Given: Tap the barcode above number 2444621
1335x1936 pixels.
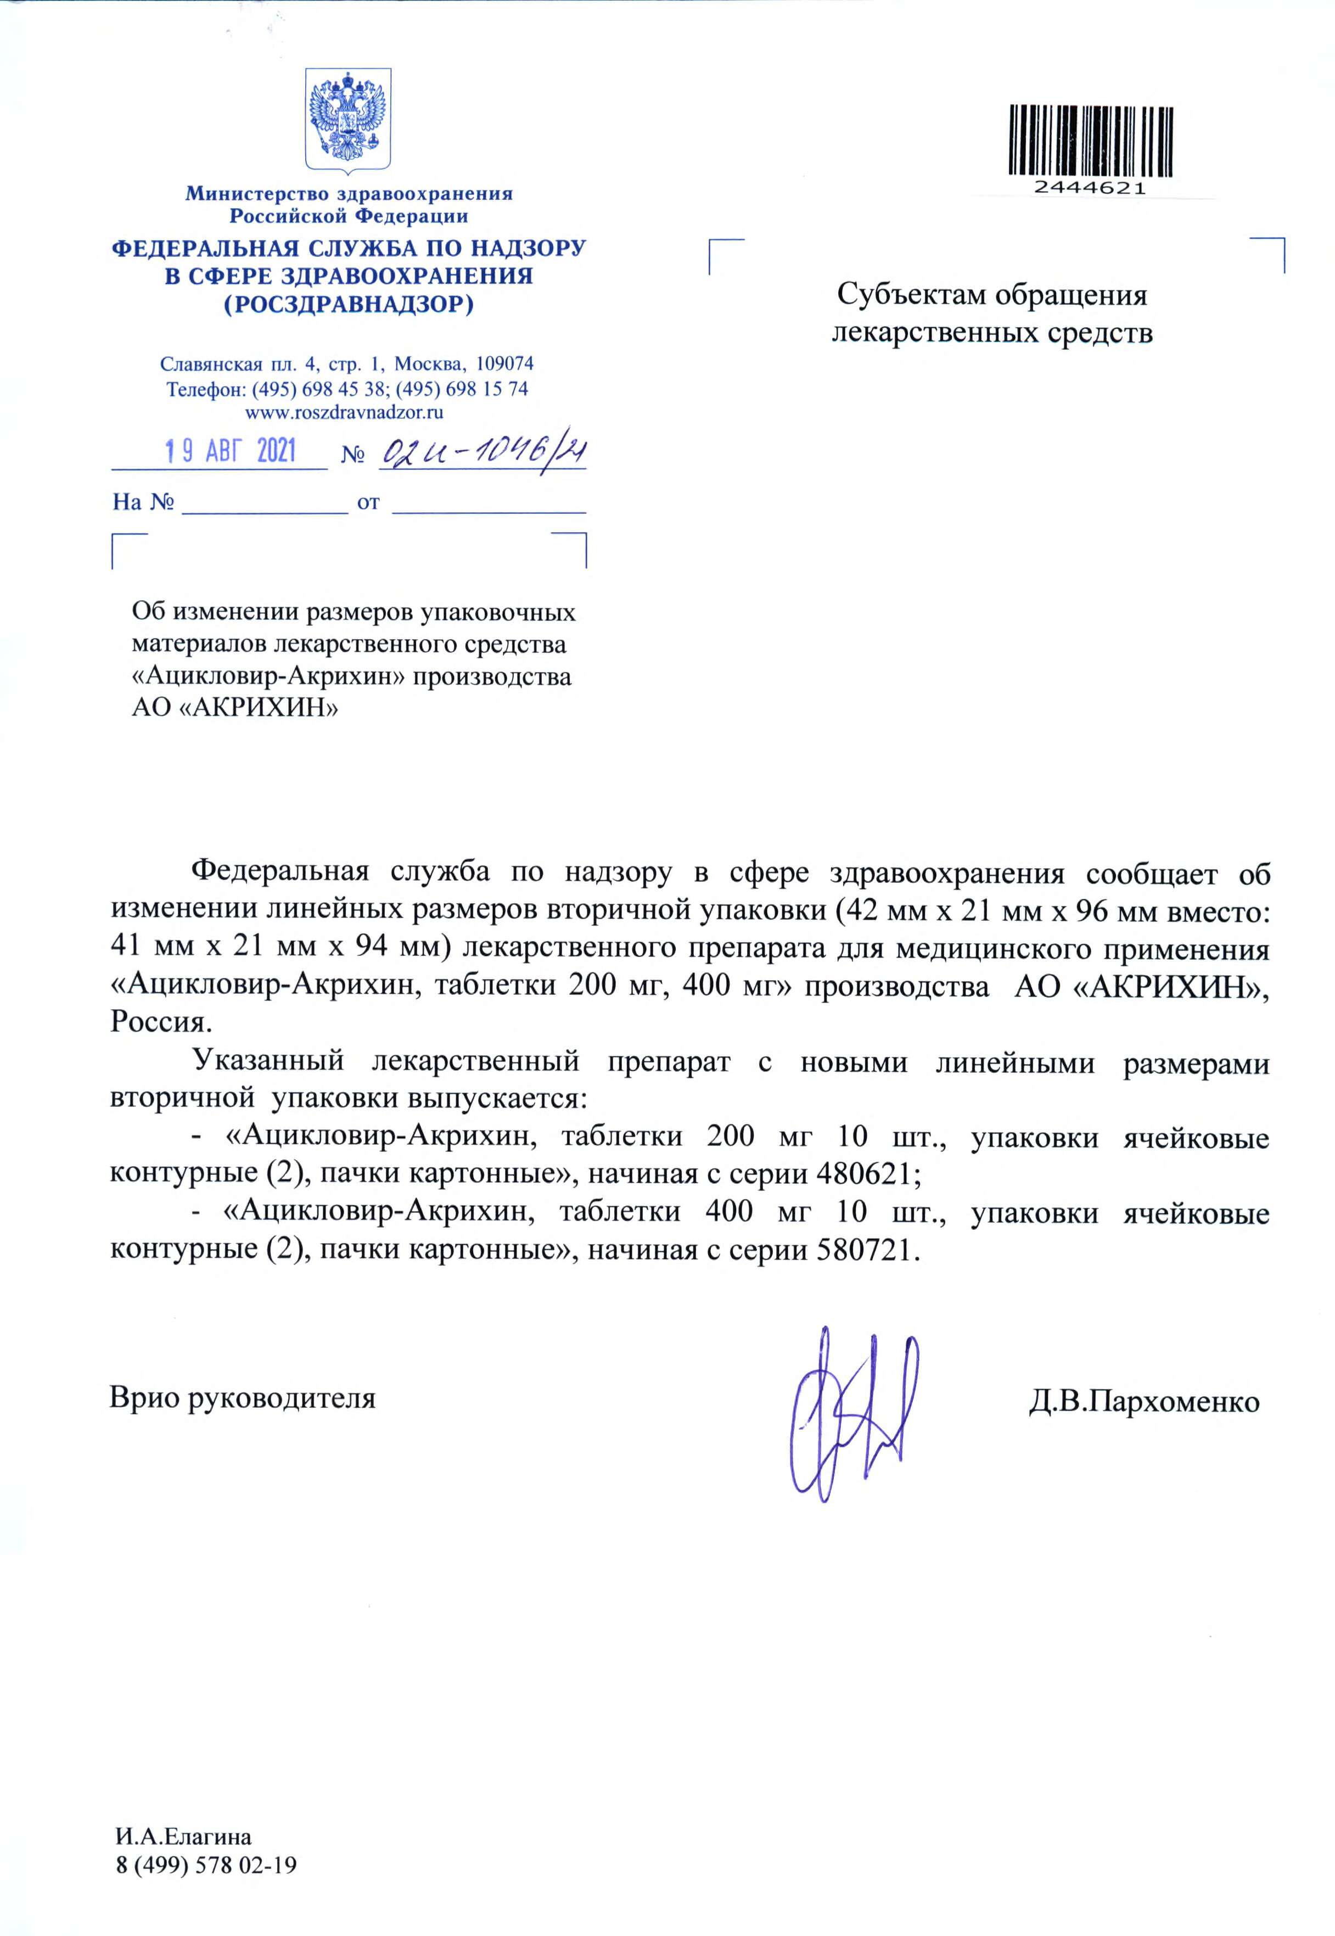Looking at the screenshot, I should (1090, 139).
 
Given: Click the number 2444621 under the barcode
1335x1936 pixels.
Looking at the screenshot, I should (1090, 188).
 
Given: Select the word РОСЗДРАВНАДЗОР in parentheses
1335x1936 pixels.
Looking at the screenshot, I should (349, 304).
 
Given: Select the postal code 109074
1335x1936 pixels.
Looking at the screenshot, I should (504, 364).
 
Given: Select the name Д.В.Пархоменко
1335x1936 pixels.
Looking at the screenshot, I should (1143, 1401).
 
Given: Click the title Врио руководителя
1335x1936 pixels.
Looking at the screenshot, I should (243, 1397).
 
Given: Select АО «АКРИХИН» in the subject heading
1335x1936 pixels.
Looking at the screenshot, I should (235, 708).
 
